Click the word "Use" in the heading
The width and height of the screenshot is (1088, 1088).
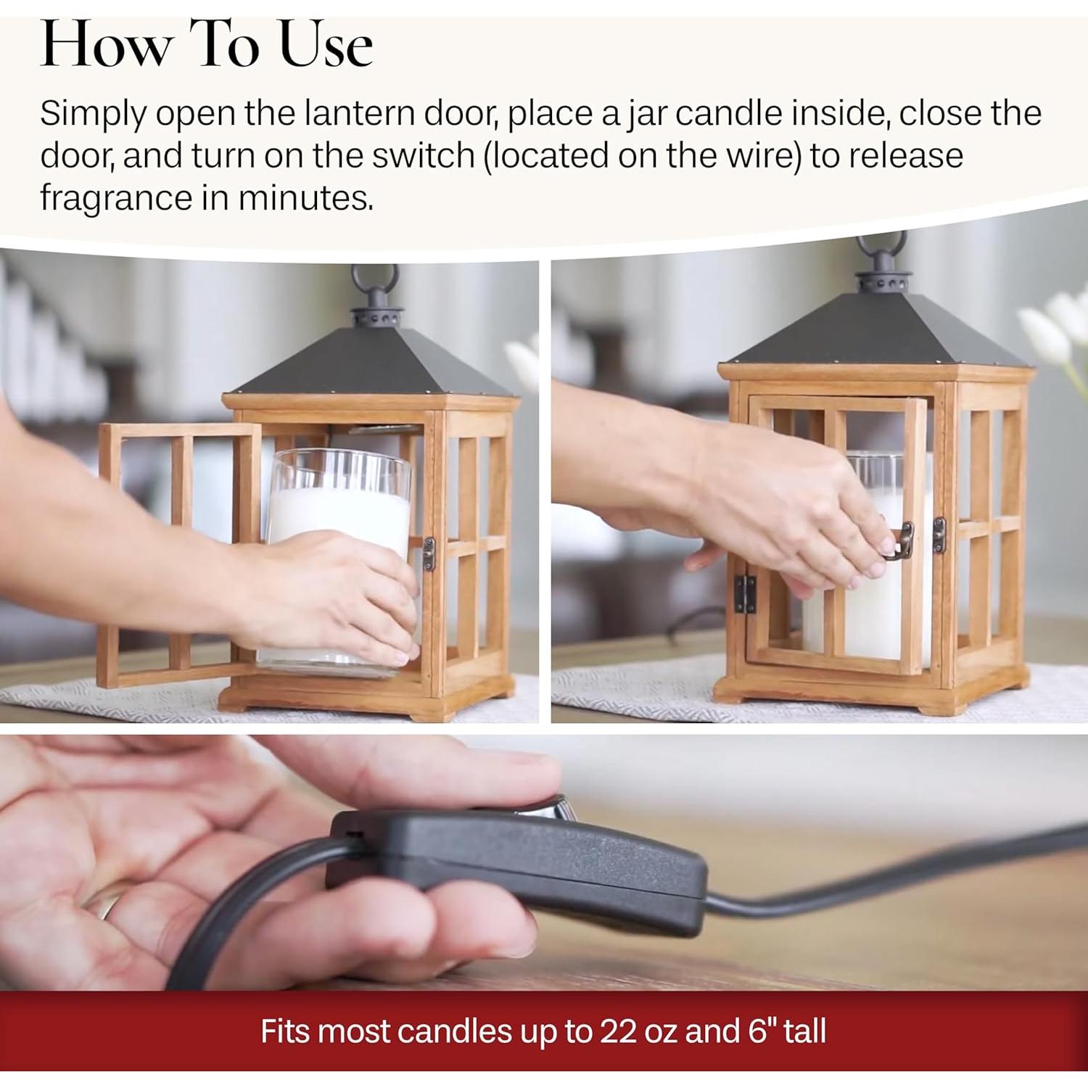pos(326,45)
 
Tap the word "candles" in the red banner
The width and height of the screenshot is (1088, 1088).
pos(454,1031)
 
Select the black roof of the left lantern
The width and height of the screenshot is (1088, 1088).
pos(371,362)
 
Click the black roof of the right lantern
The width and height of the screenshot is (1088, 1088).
pos(878,329)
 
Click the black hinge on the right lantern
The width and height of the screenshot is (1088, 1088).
pos(743,594)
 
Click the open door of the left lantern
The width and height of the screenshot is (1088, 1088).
pos(178,556)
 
